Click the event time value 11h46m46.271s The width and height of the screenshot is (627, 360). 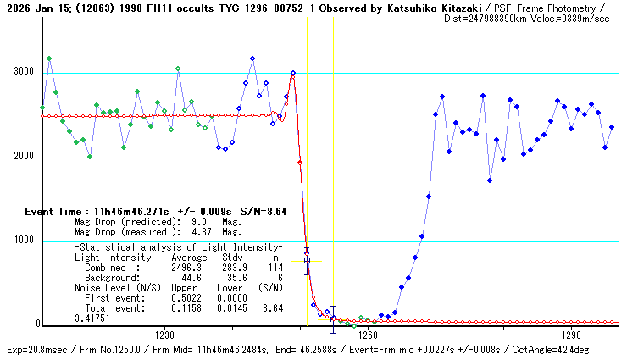point(130,212)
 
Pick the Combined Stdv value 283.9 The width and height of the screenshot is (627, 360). point(231,267)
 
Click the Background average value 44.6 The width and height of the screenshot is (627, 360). point(191,277)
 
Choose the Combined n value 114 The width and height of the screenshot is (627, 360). point(273,267)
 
